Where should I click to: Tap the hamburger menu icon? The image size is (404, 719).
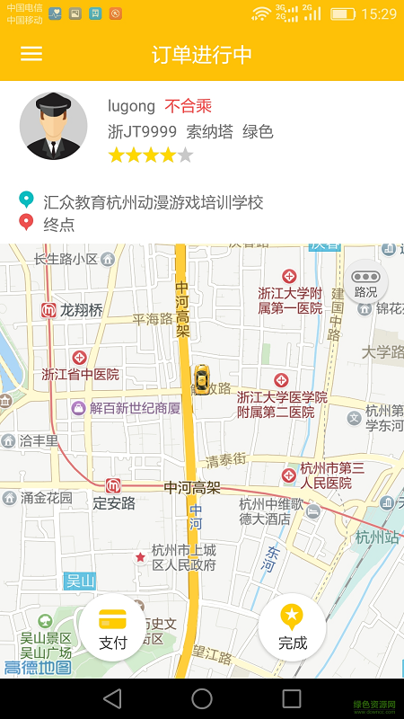(x=31, y=54)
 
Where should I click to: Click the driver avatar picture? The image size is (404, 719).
(x=53, y=126)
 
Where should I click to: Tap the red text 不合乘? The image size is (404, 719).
(x=188, y=106)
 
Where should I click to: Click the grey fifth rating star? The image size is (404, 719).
(x=185, y=155)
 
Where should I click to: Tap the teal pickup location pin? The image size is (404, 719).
(x=26, y=200)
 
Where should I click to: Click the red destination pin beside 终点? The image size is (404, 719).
(x=26, y=223)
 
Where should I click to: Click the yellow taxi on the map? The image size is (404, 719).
(x=203, y=379)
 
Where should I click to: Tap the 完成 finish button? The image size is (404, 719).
(x=292, y=627)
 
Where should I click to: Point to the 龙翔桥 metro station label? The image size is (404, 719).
(x=81, y=310)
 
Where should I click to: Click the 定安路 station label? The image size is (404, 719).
(x=114, y=502)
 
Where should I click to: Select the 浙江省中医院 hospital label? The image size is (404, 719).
(x=80, y=374)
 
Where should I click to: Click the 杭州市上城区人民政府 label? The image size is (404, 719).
(x=183, y=557)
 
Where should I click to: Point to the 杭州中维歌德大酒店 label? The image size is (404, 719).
(x=271, y=510)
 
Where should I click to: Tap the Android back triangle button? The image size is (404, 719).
(x=112, y=698)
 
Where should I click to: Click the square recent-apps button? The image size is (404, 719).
(x=292, y=698)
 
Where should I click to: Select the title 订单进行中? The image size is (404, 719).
(x=202, y=54)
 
